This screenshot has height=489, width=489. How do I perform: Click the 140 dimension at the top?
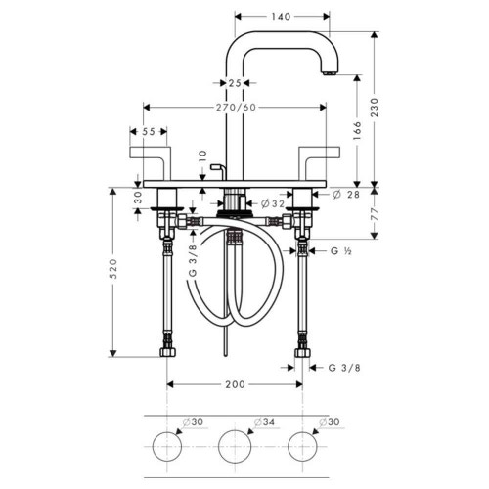(x=282, y=18)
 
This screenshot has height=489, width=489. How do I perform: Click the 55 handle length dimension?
(x=149, y=131)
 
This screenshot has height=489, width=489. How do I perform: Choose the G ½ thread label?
(x=340, y=252)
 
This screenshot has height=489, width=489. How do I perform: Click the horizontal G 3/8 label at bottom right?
(x=343, y=368)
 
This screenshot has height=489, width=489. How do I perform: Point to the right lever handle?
(x=319, y=158)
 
